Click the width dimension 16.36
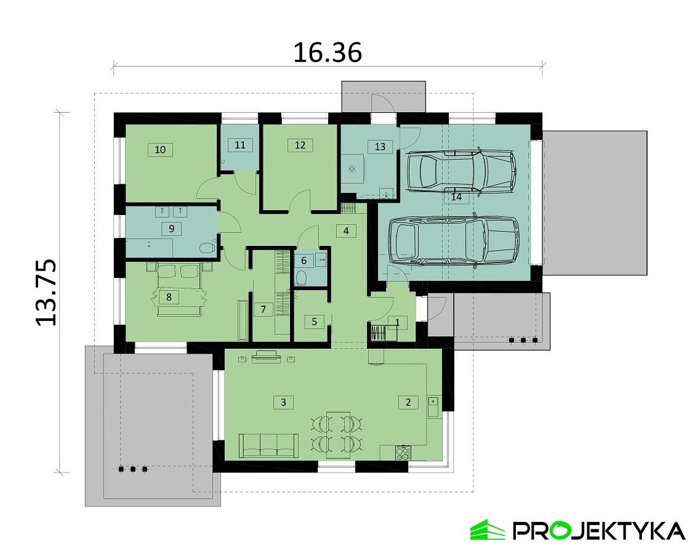[x=327, y=52]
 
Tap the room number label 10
[x=160, y=149]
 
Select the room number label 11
[x=240, y=145]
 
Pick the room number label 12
[x=300, y=145]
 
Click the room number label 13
[x=380, y=146]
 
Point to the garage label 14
[x=456, y=197]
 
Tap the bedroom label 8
[x=169, y=297]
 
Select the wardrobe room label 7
[x=263, y=309]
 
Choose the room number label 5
[x=314, y=321]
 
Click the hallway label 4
[x=346, y=231]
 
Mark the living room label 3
[x=283, y=402]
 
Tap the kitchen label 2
[x=408, y=402]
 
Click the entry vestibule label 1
[x=397, y=322]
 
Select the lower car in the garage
[x=454, y=241]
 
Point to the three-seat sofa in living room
[x=269, y=445]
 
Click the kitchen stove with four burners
[x=402, y=453]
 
